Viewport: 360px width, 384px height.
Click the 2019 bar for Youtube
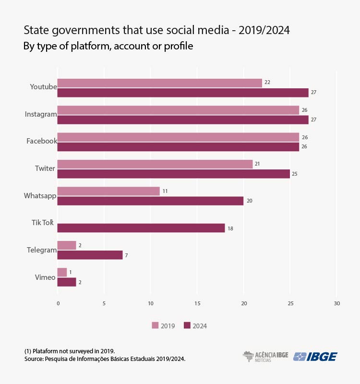159,83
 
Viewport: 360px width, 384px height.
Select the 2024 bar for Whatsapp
150,201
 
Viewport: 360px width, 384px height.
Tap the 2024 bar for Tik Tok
141,228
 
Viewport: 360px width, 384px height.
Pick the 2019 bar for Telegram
67,245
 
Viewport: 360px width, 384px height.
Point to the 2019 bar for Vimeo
62,272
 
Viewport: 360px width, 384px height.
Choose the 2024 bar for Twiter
173,174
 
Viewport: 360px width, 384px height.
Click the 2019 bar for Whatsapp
108,191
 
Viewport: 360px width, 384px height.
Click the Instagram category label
41,114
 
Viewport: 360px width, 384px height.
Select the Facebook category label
42,141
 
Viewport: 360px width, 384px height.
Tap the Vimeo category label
45,277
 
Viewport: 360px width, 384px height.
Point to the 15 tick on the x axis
197,304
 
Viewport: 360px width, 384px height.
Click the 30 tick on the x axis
336,304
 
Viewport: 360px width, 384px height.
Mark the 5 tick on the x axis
104,304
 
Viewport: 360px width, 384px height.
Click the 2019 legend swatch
155,325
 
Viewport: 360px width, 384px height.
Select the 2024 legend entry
195,325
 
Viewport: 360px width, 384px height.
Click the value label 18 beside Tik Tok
230,228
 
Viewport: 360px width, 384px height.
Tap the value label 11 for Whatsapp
165,191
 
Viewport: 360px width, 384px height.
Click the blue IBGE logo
315,357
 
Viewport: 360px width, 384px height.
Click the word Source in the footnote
33,359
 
